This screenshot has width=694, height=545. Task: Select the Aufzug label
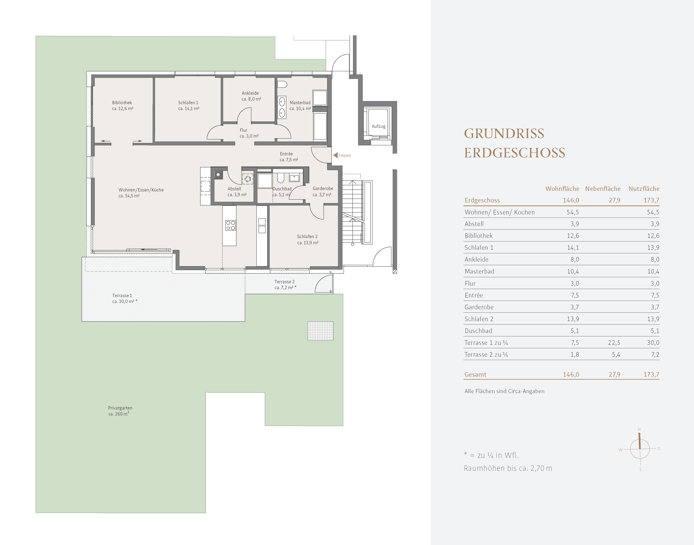pos(379,126)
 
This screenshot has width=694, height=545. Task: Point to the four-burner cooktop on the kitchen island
pos(230,225)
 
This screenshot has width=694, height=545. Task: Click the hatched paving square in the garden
pos(320,331)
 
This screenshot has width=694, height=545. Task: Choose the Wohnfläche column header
pos(562,189)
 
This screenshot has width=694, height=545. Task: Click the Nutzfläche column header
pos(644,189)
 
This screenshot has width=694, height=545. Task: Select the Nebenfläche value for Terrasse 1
pos(614,343)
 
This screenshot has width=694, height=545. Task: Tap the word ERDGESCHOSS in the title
pos(515,153)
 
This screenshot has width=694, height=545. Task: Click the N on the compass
pos(639,430)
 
